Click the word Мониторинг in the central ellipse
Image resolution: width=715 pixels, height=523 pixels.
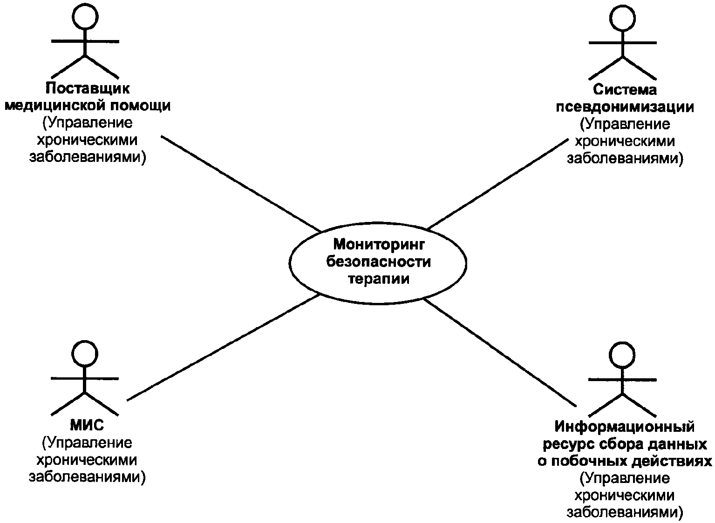(x=379, y=245)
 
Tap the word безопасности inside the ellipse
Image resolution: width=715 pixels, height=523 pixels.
(x=379, y=262)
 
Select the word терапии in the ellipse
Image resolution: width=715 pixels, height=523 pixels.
(x=379, y=279)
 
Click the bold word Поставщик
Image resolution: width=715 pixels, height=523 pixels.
(x=88, y=88)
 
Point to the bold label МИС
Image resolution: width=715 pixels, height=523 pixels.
(x=87, y=425)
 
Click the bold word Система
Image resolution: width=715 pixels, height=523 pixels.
(x=625, y=90)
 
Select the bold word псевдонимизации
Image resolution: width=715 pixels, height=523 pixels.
(x=625, y=107)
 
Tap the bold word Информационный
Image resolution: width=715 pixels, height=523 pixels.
(x=625, y=427)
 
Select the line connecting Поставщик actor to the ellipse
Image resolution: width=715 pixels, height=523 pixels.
(x=241, y=184)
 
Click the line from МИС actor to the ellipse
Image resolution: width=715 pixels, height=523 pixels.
(x=224, y=347)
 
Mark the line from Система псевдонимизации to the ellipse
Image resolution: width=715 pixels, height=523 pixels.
(x=497, y=184)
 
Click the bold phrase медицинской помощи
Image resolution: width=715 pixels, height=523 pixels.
(x=88, y=106)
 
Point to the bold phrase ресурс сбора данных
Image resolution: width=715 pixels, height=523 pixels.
(x=625, y=444)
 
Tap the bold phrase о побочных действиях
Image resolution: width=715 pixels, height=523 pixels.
(x=625, y=461)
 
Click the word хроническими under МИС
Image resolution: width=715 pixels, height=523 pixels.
(x=87, y=460)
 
